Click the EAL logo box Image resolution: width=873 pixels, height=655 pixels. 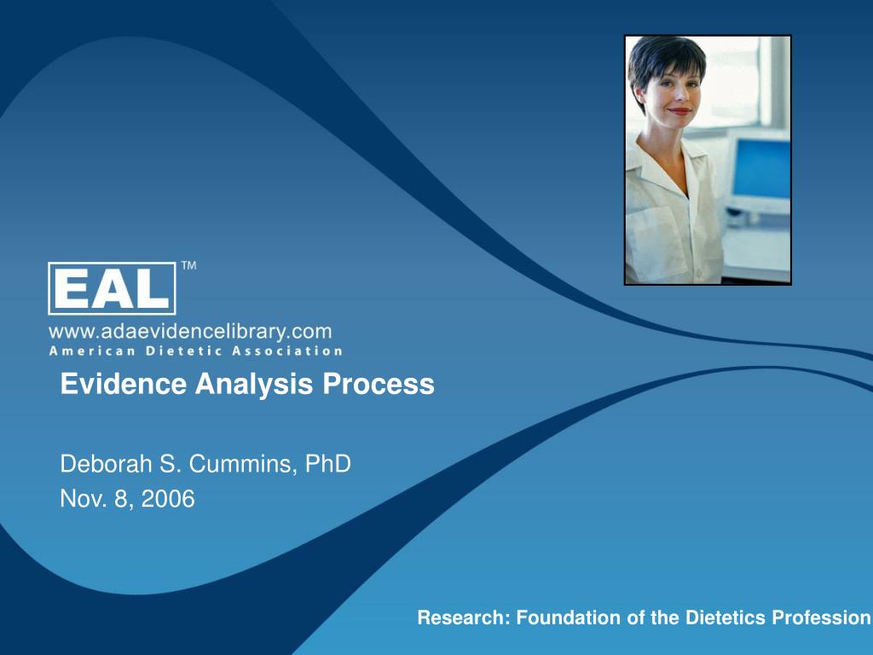click(112, 288)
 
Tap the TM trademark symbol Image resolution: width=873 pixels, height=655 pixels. click(188, 266)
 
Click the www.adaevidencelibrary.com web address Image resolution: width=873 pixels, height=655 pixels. click(190, 330)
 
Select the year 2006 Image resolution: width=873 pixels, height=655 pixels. click(168, 499)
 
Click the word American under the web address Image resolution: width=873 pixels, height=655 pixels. click(85, 351)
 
